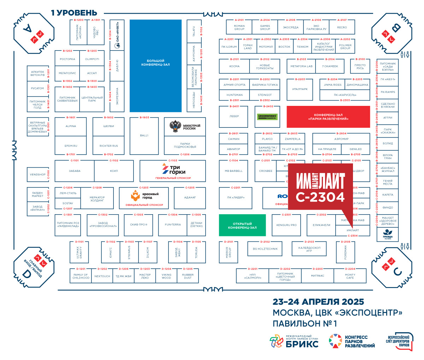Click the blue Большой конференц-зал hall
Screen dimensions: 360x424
[155, 66]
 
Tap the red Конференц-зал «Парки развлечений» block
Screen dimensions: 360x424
[328, 117]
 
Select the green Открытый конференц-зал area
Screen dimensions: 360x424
[242, 226]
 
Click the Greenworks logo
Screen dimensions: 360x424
[267, 117]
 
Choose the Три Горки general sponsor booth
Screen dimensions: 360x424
[173, 170]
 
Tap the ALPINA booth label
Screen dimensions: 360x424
[71, 126]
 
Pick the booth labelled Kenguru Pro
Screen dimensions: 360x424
[286, 225]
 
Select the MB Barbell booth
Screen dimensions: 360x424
[234, 171]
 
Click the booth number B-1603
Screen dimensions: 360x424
[144, 118]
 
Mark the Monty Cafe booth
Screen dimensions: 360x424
[350, 276]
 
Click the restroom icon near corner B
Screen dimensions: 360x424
[405, 55]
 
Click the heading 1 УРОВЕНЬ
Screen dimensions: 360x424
[74, 13]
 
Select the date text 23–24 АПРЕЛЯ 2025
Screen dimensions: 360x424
[318, 302]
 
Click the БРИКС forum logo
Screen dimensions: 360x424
[294, 341]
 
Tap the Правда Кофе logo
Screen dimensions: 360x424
[388, 234]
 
